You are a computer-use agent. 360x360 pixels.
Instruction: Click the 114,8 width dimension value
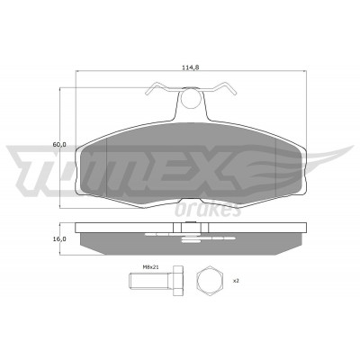pos(191,67)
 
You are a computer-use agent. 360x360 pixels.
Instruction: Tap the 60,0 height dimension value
pos(59,144)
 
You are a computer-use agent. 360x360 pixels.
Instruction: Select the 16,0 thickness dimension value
pos(59,239)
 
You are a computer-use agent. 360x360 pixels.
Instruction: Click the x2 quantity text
pos(236,281)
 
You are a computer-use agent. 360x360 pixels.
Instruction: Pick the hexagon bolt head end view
pos(210,281)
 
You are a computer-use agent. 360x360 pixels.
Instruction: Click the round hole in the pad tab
pos(191,98)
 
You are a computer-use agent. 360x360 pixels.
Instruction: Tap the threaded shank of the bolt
pos(148,281)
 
